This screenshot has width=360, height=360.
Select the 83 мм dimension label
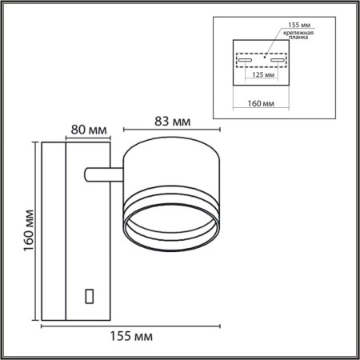[x=170, y=122]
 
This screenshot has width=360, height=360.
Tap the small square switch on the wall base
[x=90, y=295]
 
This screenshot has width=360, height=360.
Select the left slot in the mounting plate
[x=247, y=59]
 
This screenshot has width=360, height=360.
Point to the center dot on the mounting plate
[x=263, y=57]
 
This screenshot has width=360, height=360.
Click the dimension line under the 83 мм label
[x=170, y=132]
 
